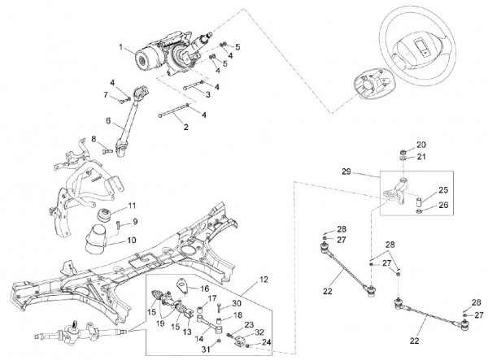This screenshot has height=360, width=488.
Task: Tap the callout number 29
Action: coord(368,171)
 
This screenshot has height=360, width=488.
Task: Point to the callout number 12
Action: coord(262,280)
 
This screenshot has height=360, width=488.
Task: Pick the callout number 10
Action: coord(131,241)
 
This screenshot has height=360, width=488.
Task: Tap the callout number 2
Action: coord(186,127)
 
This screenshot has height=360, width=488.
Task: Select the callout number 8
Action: coord(94,139)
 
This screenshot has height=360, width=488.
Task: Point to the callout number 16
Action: coord(204,288)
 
